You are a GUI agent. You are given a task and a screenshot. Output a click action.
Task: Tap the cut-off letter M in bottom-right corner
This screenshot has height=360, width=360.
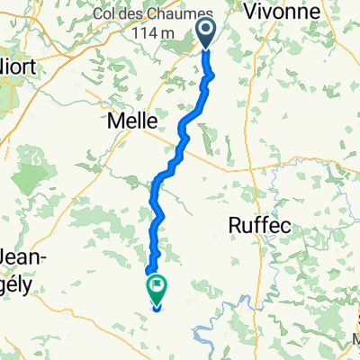[355, 340]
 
